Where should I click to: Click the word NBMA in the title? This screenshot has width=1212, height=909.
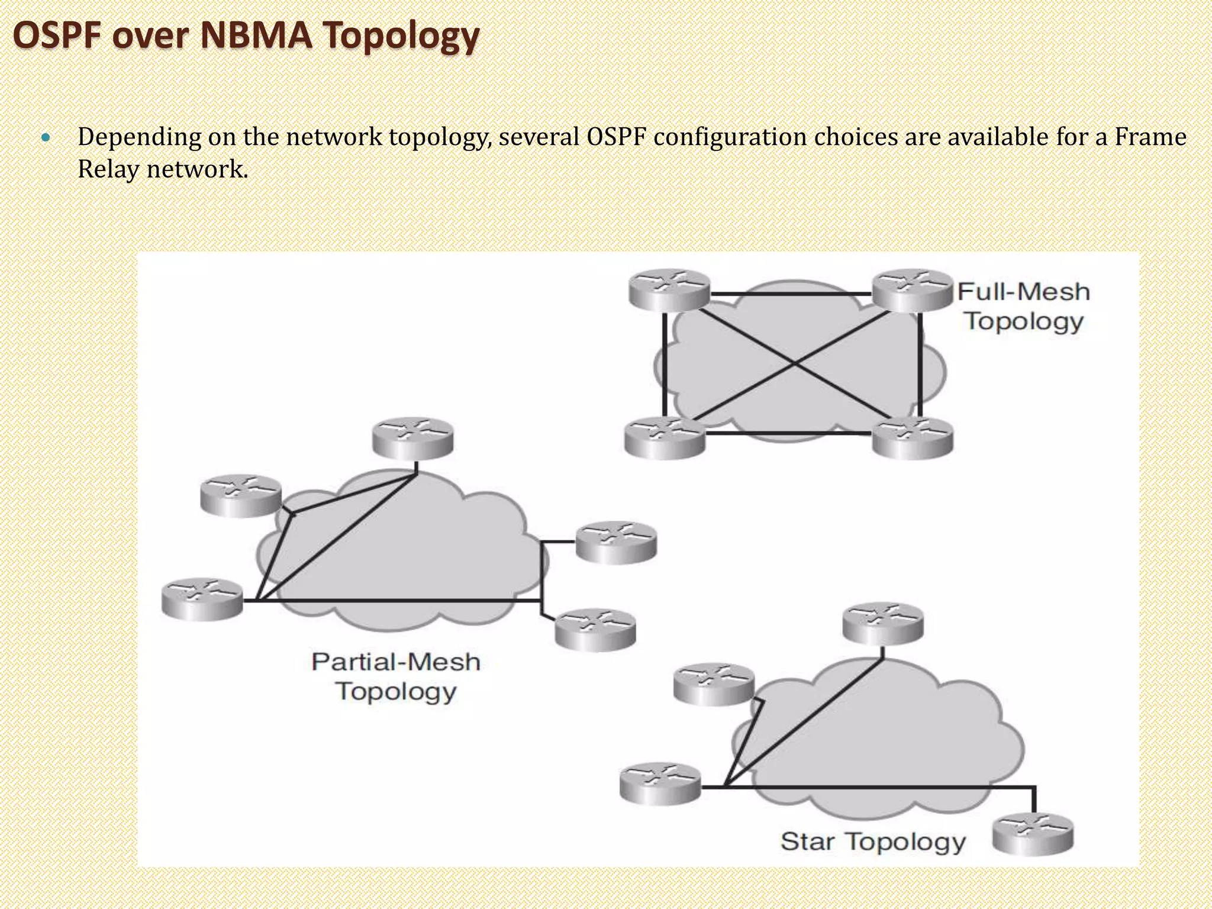(x=256, y=36)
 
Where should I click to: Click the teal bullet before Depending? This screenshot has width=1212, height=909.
(x=46, y=138)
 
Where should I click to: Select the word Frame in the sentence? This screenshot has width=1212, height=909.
(x=1150, y=137)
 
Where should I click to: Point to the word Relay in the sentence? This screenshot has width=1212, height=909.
(x=108, y=170)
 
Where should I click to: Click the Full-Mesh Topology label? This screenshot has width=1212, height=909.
(x=1024, y=307)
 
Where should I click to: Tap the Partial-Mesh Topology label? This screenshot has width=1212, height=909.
(x=396, y=676)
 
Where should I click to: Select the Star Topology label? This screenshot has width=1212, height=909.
(x=873, y=841)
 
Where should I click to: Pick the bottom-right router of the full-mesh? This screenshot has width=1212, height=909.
(x=913, y=438)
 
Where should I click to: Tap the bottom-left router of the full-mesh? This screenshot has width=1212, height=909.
(x=665, y=438)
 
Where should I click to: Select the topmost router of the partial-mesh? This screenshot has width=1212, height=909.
(x=413, y=439)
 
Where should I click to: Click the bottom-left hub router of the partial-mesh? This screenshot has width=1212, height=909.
(x=202, y=599)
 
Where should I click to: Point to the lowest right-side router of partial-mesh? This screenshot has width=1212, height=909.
(x=595, y=630)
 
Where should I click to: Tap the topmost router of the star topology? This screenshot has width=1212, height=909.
(x=882, y=624)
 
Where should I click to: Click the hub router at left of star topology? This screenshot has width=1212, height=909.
(x=660, y=785)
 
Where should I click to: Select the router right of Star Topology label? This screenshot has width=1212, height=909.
(x=1033, y=834)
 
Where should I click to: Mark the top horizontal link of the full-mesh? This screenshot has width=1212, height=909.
(x=791, y=294)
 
